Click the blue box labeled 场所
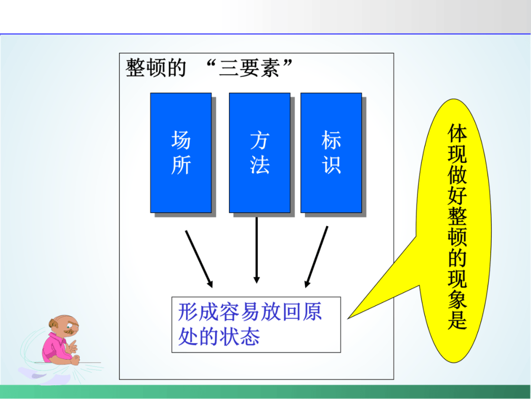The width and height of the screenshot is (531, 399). (x=181, y=153)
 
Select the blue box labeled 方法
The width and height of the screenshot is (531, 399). (x=260, y=153)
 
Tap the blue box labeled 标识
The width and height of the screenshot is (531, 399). (x=331, y=153)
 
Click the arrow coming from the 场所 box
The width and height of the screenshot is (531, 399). (x=199, y=259)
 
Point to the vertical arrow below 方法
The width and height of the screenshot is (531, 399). (x=257, y=250)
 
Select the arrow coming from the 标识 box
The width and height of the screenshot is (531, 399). (x=316, y=257)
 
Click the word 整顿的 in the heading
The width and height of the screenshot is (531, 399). (x=156, y=68)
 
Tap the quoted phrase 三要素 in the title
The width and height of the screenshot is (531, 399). (x=249, y=68)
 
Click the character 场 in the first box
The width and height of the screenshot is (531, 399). (x=181, y=140)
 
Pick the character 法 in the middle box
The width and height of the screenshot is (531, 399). (x=260, y=165)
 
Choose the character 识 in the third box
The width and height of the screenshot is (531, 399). (x=331, y=165)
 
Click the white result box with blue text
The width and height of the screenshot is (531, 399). (x=256, y=325)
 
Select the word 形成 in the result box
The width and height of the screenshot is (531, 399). (x=199, y=312)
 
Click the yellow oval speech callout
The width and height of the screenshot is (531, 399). (x=453, y=231)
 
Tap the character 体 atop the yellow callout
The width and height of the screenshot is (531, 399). (x=457, y=133)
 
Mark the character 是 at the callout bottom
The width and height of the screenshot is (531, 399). (x=457, y=319)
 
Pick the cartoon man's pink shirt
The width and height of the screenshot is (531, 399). (x=54, y=348)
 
